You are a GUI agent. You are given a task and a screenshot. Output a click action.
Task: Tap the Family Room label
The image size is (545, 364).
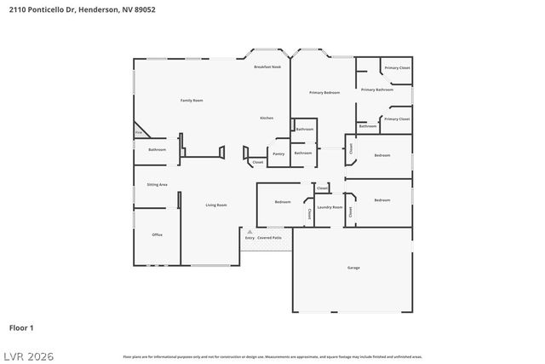pos(192,101)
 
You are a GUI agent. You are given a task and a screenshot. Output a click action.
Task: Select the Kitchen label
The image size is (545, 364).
pos(267,118)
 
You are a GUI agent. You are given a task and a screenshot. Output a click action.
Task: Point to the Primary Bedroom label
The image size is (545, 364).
pos(324,92)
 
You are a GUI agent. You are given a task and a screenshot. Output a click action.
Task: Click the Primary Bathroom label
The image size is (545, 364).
pos(376,90)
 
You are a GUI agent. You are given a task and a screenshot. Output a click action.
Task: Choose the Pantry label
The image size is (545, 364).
pos(278,154)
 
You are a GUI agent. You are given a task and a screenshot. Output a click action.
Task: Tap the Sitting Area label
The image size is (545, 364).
pos(157,184)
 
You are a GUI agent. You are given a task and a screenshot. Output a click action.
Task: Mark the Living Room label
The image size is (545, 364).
pos(216,205)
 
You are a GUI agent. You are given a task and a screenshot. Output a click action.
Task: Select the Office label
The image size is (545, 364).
pos(157,234)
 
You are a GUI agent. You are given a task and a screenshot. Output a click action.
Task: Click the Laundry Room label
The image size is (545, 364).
pos(330,207)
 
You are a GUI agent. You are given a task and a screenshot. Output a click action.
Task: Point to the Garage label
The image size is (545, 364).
pos(353,268)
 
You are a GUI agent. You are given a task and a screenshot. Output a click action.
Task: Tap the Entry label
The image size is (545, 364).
pos(250,238)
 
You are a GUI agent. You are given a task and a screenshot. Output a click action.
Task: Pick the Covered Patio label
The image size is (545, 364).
pos(271,238)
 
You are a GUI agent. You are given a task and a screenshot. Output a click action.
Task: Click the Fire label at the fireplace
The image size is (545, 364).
pos(138,133)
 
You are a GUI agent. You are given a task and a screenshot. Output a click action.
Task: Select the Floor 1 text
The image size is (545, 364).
pos(21,327)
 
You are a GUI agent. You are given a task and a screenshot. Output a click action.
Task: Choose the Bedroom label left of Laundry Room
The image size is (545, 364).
pos(283,202)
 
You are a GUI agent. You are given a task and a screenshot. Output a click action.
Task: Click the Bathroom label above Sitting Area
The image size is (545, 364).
pos(157,150)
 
